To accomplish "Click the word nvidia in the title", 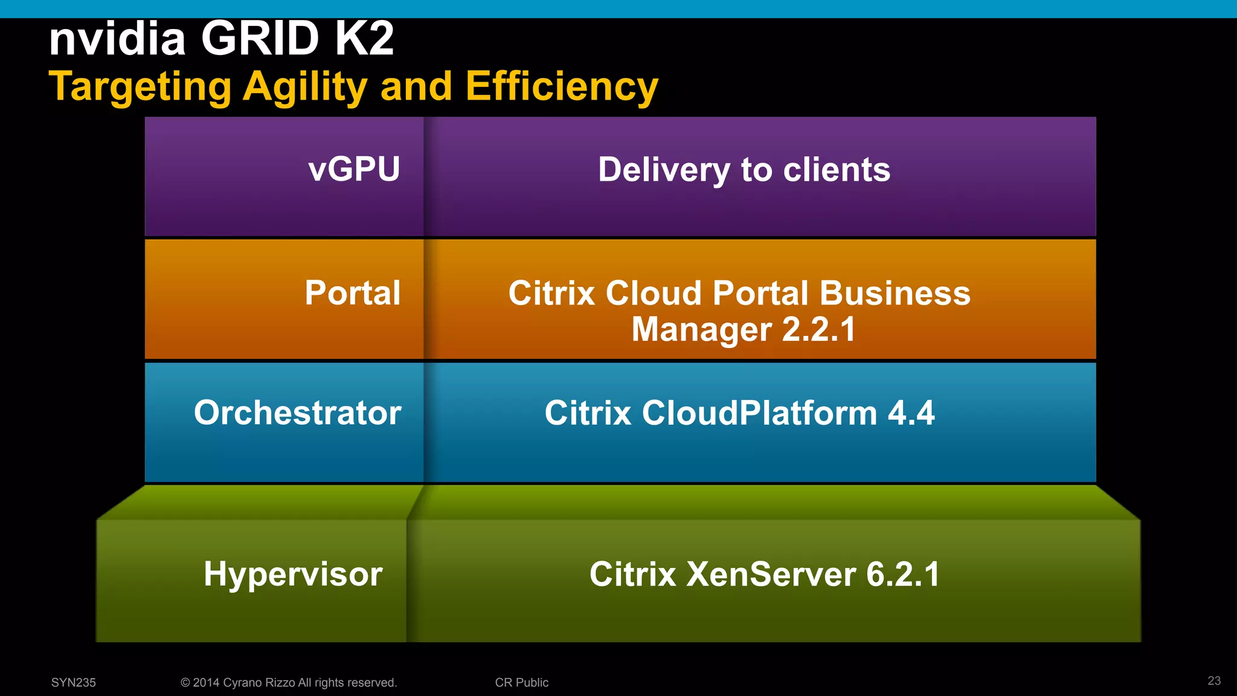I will pos(117,39).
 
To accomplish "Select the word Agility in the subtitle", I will pos(305,87).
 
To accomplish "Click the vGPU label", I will pos(354,169).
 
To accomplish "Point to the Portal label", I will pos(353,293).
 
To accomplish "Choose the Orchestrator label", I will pos(297,413).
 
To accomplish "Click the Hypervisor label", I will pos(293,574).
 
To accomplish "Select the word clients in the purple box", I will pos(837,170).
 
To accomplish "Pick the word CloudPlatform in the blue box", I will pos(759,413).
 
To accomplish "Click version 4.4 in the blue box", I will pos(911,413).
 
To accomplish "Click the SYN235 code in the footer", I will pos(74,683).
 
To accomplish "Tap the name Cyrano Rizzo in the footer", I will pos(259,683).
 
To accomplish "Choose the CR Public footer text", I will pos(522,683).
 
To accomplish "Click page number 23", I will pos(1214,681).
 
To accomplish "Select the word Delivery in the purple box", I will pos(664,170).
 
